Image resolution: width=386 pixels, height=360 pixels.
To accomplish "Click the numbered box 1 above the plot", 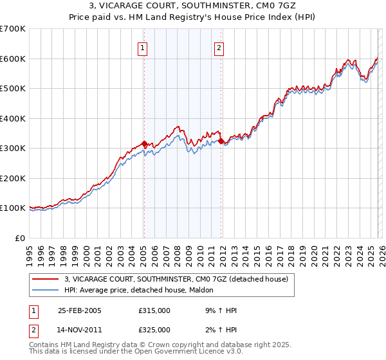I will coord(142,47).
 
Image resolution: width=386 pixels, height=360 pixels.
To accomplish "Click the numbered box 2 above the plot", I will coord(219,47).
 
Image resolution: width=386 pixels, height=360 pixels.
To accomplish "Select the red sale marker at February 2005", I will coord(144,144).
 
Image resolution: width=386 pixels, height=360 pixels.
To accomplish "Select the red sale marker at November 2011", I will coord(221,141).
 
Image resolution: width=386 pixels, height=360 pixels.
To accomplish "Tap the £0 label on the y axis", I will coord(20,238).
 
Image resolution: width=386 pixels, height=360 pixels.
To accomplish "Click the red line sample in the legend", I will coord(46,278).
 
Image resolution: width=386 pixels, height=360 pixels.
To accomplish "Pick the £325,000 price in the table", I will coord(154,330).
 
